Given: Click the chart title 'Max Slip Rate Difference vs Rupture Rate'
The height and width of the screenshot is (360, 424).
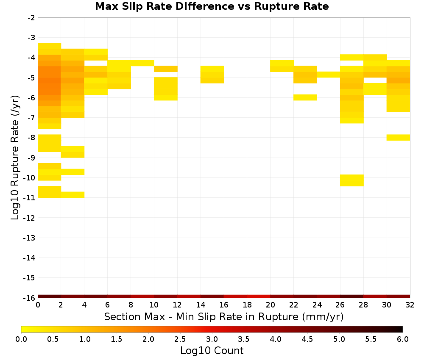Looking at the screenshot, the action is pos(212,6).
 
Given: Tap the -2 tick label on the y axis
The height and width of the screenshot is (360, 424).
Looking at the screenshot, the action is pos(31,18).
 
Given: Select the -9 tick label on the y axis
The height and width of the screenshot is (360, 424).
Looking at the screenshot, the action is pos(31,158).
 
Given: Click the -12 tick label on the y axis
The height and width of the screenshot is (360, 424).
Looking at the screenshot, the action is pos(29,218).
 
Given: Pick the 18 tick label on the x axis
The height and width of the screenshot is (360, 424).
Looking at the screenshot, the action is pos(247,305).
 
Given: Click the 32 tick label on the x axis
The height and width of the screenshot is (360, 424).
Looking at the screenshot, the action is pos(410,305).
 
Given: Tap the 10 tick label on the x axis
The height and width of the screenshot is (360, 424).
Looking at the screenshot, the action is pos(154,305).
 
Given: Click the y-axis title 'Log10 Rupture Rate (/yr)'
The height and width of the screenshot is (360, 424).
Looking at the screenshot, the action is pos(15,158).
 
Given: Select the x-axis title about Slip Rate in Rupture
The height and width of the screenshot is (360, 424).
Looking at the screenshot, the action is pos(224,316).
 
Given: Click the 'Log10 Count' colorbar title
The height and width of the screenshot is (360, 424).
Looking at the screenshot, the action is pos(212,351).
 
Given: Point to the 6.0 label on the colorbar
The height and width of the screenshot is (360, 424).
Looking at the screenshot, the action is pos(403,339).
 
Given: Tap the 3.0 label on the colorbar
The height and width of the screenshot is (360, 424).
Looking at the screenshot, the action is pos(212,339).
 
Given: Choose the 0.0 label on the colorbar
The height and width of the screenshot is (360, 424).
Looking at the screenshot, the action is pos(21,339).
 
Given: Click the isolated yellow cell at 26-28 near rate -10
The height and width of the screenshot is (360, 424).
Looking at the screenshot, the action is pos(352,180).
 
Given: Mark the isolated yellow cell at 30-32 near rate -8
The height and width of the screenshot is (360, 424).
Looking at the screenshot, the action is pos(398,138).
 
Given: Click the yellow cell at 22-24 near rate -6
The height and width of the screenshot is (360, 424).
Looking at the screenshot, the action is pos(305,97).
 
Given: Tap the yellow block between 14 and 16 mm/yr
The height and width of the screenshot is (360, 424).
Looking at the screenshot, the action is pos(212,75).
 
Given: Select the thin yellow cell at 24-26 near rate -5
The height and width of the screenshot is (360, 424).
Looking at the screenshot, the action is pos(329,75).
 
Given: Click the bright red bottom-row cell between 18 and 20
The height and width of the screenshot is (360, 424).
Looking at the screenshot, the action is pos(259,296).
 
